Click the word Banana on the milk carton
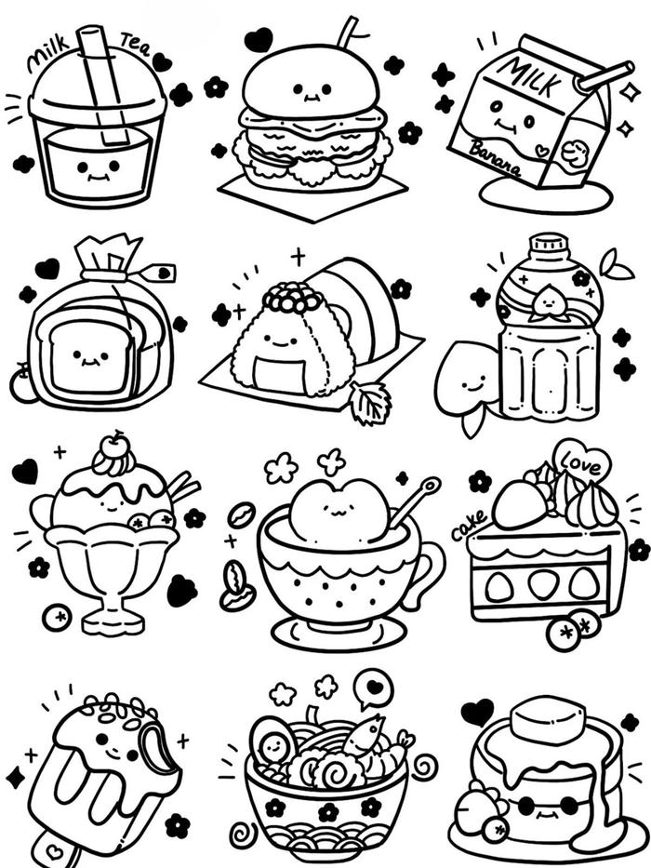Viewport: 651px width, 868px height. pos(495,157)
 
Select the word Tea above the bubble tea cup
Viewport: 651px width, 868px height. pos(136,45)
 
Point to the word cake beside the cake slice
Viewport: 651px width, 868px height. pos(470,524)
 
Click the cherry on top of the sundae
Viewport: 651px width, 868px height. pos(117,442)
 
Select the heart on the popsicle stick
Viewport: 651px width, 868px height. pos(55,849)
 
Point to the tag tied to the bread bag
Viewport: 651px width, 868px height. pos(158,273)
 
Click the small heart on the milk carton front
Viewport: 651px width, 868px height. pos(543,150)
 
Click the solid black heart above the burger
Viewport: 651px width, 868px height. pos(259,40)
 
